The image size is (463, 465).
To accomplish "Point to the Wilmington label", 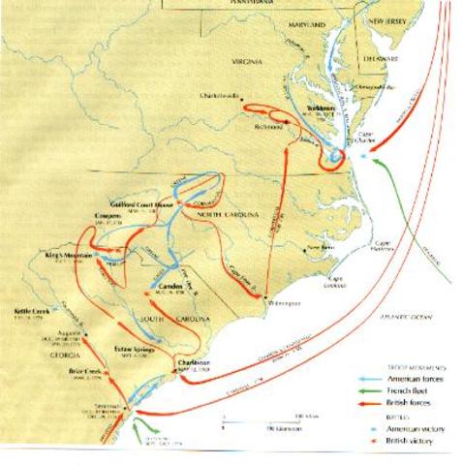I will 281,303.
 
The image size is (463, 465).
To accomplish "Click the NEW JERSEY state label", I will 388,20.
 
